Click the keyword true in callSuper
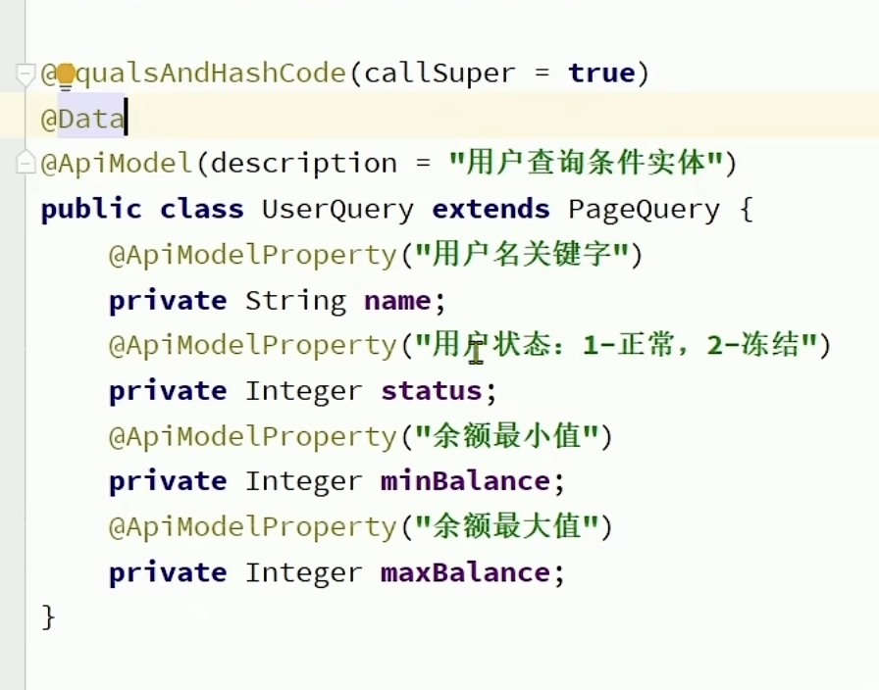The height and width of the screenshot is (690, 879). coord(600,74)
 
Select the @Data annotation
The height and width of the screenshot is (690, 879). coord(82,120)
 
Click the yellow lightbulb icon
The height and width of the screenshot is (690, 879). coord(66,74)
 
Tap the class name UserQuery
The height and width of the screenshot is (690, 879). coord(337,210)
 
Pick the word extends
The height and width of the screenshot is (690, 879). coord(491,210)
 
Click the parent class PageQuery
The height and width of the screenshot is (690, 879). coord(644,210)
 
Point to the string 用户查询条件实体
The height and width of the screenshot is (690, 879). coord(587,163)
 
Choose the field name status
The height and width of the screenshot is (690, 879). coord(432,391)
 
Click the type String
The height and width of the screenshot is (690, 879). coord(295,301)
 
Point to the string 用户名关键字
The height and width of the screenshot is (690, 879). coord(521,255)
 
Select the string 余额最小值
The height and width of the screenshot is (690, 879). coord(506,436)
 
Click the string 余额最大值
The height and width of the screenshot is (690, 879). coord(506,527)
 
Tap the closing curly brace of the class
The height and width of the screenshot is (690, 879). coord(49,616)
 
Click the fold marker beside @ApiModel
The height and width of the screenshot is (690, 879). coord(26,163)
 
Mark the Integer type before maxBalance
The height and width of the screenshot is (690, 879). coord(304,572)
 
